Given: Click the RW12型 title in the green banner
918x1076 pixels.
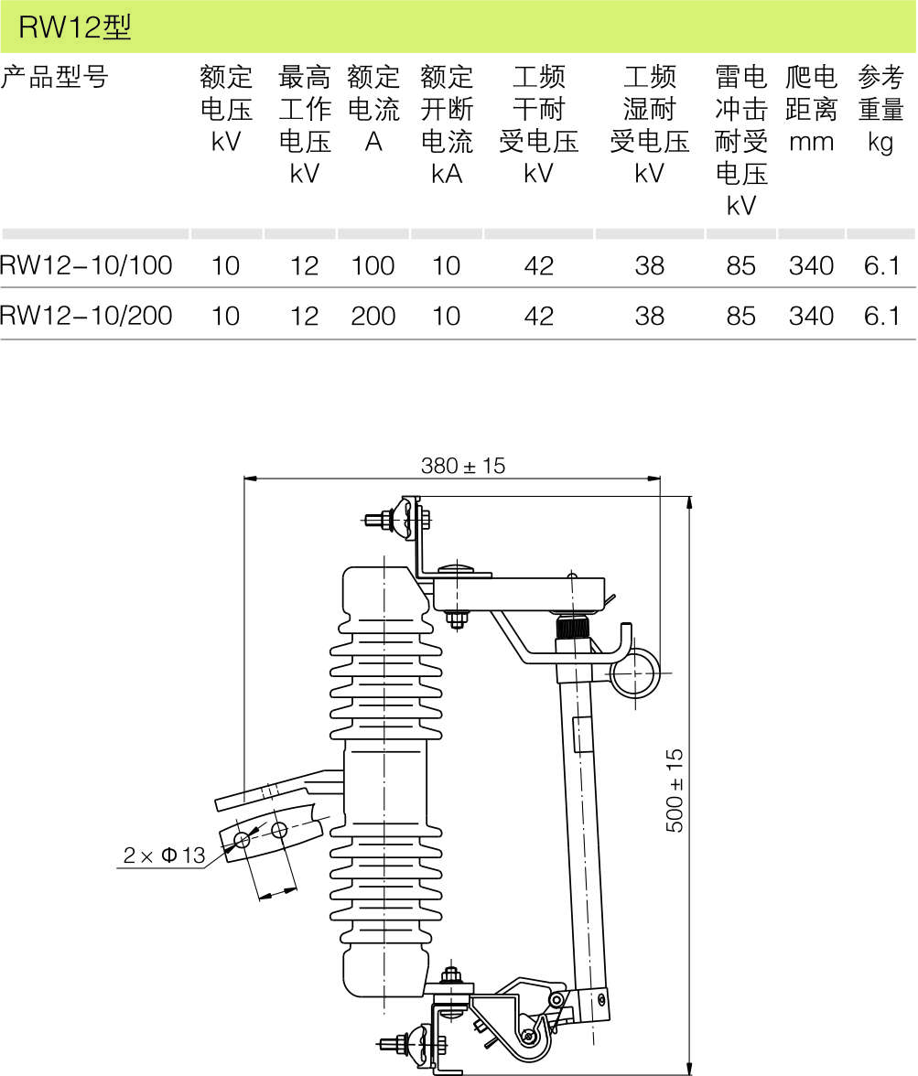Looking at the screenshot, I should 76,28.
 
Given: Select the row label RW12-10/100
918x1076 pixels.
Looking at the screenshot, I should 86,265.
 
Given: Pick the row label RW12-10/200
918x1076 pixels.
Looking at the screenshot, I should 86,316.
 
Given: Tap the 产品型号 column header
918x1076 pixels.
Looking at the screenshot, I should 54,77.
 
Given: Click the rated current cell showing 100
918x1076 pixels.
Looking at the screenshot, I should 373,266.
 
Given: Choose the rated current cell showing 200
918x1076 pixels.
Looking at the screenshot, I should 373,317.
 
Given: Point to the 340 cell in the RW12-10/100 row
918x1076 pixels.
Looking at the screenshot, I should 811,266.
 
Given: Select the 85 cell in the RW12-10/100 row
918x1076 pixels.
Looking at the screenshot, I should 740,266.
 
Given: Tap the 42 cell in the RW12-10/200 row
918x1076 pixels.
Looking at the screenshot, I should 539,317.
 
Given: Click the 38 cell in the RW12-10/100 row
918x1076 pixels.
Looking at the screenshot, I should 649,266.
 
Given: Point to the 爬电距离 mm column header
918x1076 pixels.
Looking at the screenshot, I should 811,109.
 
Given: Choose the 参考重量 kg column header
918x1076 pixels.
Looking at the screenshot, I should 881,109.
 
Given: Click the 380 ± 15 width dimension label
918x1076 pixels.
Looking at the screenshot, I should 462,466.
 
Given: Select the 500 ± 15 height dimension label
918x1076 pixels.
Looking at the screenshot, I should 675,791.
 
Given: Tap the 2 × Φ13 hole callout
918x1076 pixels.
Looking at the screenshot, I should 165,856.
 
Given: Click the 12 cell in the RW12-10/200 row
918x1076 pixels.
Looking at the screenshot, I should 304,317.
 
